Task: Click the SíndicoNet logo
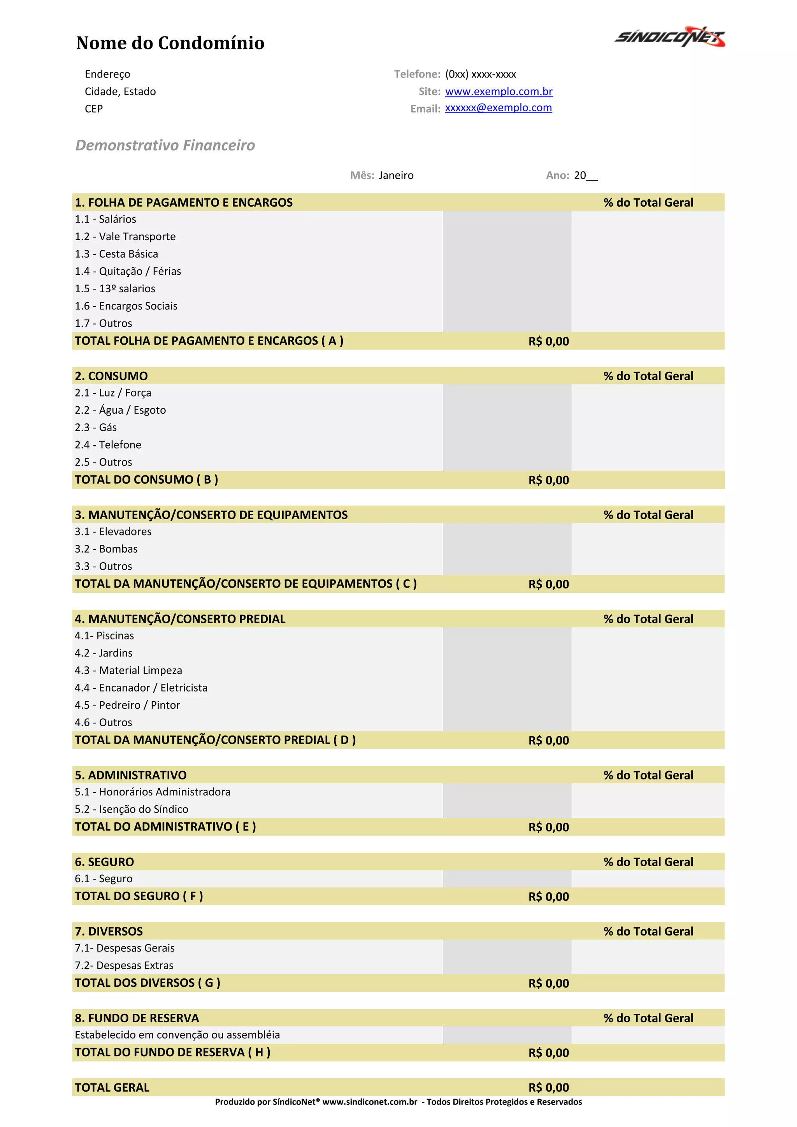pyautogui.click(x=669, y=37)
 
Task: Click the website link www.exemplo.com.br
pyautogui.click(x=499, y=91)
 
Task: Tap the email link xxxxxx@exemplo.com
pyautogui.click(x=498, y=107)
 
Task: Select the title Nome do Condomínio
pyautogui.click(x=170, y=43)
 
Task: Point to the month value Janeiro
pyautogui.click(x=396, y=175)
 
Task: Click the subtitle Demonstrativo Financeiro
pyautogui.click(x=165, y=145)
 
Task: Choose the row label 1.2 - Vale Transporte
pyautogui.click(x=125, y=237)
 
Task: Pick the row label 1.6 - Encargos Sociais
pyautogui.click(x=126, y=306)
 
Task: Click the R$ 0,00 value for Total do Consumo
pyautogui.click(x=548, y=480)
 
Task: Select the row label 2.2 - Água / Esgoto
pyautogui.click(x=120, y=410)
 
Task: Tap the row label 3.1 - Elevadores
pyautogui.click(x=113, y=532)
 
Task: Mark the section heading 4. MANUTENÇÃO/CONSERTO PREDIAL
pyautogui.click(x=180, y=619)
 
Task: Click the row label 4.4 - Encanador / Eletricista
pyautogui.click(x=141, y=688)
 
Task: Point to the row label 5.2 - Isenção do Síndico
pyautogui.click(x=132, y=809)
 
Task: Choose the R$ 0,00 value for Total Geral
pyautogui.click(x=548, y=1087)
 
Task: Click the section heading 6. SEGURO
pyautogui.click(x=105, y=862)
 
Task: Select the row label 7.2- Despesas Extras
pyautogui.click(x=124, y=965)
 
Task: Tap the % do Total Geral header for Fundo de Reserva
pyautogui.click(x=648, y=1018)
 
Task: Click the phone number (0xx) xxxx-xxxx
pyautogui.click(x=481, y=74)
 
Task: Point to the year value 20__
pyautogui.click(x=585, y=175)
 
